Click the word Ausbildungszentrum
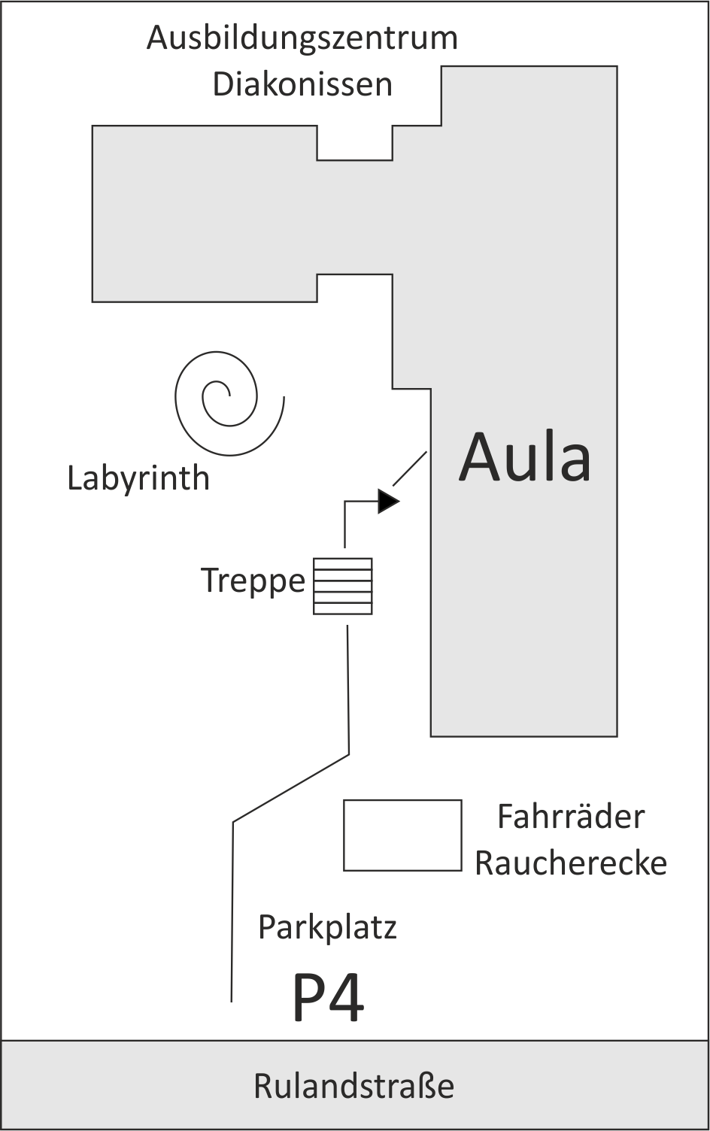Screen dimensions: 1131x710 [x=302, y=38]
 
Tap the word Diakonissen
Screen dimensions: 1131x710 [x=302, y=84]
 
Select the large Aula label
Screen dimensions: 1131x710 [x=525, y=457]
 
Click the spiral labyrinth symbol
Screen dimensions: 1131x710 [x=226, y=402]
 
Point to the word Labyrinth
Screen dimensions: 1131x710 [x=138, y=478]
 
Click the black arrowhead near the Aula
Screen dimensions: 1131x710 [x=387, y=501]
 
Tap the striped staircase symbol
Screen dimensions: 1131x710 [x=343, y=586]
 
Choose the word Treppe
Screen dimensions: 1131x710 [x=253, y=581]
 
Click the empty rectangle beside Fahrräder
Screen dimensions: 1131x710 [x=402, y=835]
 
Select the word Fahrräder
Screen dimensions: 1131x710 [x=571, y=817]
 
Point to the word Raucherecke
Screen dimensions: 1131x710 [x=571, y=863]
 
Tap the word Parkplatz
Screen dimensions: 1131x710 [x=327, y=928]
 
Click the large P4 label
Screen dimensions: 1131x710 [x=328, y=999]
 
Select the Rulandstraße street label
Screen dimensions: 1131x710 [x=354, y=1087]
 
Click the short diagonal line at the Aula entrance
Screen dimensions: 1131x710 [x=410, y=468]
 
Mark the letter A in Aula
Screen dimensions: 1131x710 [x=481, y=457]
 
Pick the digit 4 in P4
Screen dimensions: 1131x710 [x=347, y=999]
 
